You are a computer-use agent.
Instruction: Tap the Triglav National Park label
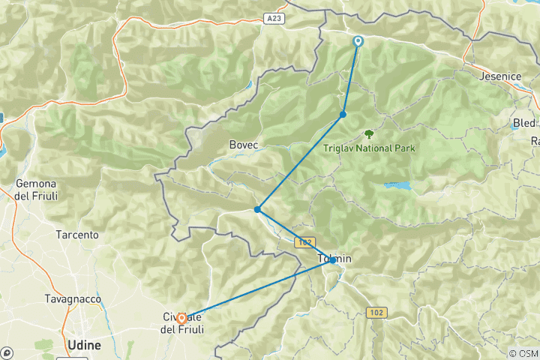pyautogui.click(x=369, y=148)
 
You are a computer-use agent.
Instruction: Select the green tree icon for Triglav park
pyautogui.click(x=369, y=134)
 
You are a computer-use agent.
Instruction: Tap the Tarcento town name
pyautogui.click(x=76, y=235)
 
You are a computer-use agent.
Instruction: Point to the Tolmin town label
pyautogui.click(x=335, y=259)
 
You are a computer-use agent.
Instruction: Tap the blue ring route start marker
pyautogui.click(x=358, y=42)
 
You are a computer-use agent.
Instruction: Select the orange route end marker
pyautogui.click(x=181, y=319)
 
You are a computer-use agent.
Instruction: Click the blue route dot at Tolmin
pyautogui.click(x=333, y=260)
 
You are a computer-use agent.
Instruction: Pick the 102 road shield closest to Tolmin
pyautogui.click(x=303, y=242)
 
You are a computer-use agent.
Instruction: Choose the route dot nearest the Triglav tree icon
pyautogui.click(x=343, y=115)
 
